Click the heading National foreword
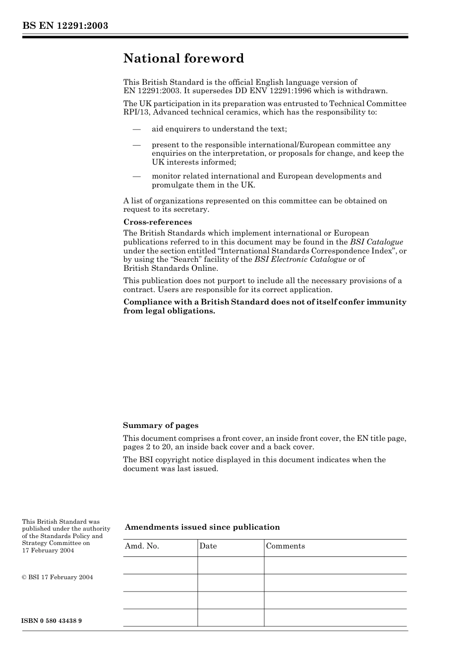pos(183,59)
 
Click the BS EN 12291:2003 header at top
pos(65,26)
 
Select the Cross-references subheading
pos(158,222)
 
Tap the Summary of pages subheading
pos(161,425)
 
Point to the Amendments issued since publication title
pos(202,527)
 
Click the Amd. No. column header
pos(142,546)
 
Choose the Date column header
pos(208,546)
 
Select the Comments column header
pos(286,546)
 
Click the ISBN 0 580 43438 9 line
pos(52,621)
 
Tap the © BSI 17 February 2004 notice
pos(58,577)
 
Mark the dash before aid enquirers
pos(136,129)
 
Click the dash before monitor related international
pos(136,177)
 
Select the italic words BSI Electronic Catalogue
pos(300,259)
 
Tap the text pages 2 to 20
pos(147,447)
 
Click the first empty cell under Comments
pos(335,565)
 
